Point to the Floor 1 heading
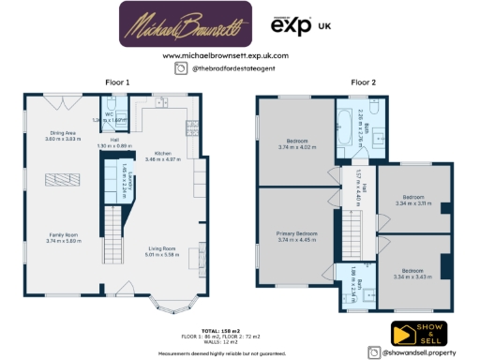click(x=115, y=82)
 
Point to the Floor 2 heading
click(x=363, y=82)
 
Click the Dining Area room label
click(x=63, y=136)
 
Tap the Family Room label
click(x=62, y=237)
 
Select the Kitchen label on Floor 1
click(x=162, y=156)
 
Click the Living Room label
click(x=160, y=250)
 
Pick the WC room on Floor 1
click(x=109, y=118)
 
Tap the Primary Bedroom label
click(x=296, y=233)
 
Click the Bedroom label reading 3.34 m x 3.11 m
click(x=412, y=201)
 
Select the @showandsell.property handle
click(x=418, y=352)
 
